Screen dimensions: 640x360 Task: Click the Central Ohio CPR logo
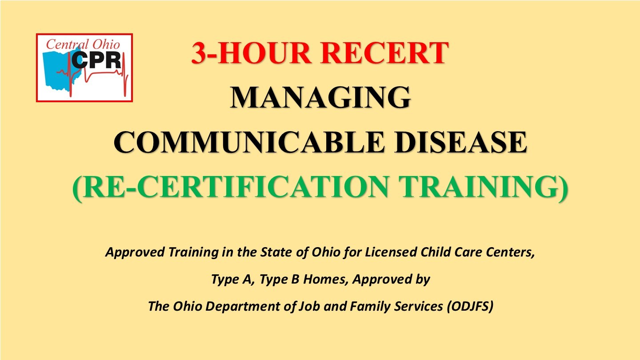tap(84, 68)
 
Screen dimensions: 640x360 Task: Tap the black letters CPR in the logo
tap(96, 60)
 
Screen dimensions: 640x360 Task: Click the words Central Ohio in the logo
tap(83, 44)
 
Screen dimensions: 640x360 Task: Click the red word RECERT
tap(386, 53)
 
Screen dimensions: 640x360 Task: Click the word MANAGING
tap(320, 98)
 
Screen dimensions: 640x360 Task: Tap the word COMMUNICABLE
tap(248, 142)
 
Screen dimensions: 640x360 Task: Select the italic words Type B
tap(279, 279)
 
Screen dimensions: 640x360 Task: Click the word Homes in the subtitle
tap(326, 279)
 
